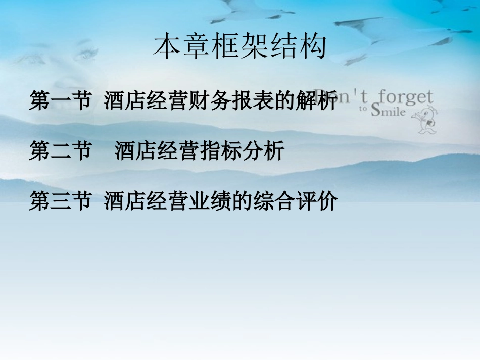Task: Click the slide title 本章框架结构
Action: pyautogui.click(x=240, y=46)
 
